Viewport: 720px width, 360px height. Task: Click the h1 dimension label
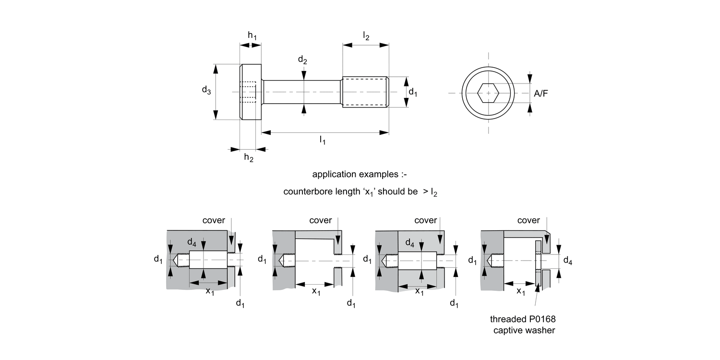252,35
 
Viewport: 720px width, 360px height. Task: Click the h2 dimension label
249,157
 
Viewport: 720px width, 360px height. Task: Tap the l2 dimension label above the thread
366,36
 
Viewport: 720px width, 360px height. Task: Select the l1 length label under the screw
323,140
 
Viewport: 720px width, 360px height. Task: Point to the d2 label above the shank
302,60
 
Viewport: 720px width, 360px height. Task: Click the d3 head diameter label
206,90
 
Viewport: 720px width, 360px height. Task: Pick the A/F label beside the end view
541,94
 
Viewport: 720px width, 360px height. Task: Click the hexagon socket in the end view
489,92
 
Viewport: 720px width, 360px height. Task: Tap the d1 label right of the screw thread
412,93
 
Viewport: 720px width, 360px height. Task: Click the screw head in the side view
251,92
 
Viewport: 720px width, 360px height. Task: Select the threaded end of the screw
365,92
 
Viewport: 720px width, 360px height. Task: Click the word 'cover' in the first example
214,220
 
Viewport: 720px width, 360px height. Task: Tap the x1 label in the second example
316,291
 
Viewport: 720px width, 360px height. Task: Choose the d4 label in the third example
409,243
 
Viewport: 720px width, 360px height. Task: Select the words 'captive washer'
524,330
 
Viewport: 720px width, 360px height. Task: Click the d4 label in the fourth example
567,261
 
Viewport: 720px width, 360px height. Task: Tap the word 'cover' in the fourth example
528,220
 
